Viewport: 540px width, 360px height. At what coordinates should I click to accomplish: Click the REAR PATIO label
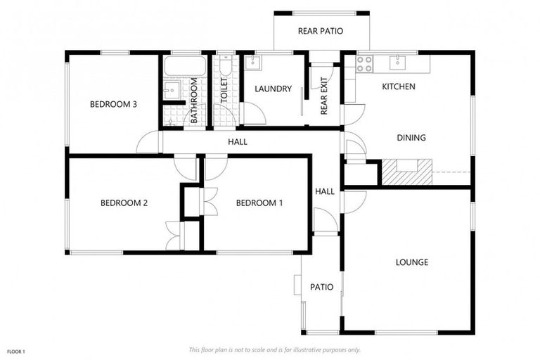coord(321,31)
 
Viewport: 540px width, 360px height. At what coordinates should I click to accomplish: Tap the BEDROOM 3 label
coord(113,105)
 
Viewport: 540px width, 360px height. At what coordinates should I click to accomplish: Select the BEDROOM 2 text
coord(124,203)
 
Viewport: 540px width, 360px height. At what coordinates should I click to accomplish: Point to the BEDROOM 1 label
coord(259,203)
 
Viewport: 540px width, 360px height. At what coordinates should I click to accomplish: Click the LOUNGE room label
coord(412,262)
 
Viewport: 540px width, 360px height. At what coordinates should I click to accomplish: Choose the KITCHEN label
coord(399,86)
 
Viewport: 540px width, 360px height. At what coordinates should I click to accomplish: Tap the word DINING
coord(411,138)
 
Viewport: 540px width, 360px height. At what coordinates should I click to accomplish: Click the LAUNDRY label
coord(273,89)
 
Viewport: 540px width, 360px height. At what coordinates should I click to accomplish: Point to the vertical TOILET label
coord(224,92)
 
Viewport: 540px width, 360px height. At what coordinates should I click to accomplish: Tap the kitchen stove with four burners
coord(364,64)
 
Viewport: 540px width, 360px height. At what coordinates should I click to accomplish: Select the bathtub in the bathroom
coord(185,67)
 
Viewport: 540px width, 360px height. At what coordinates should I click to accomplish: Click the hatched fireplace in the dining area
coord(406,172)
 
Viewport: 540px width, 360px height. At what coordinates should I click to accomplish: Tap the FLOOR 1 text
coord(16,351)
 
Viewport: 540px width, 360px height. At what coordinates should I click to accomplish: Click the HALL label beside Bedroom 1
coord(325,191)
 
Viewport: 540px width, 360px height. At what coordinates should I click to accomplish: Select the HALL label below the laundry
coord(238,142)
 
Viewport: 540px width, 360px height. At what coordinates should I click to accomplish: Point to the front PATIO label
coord(321,287)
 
